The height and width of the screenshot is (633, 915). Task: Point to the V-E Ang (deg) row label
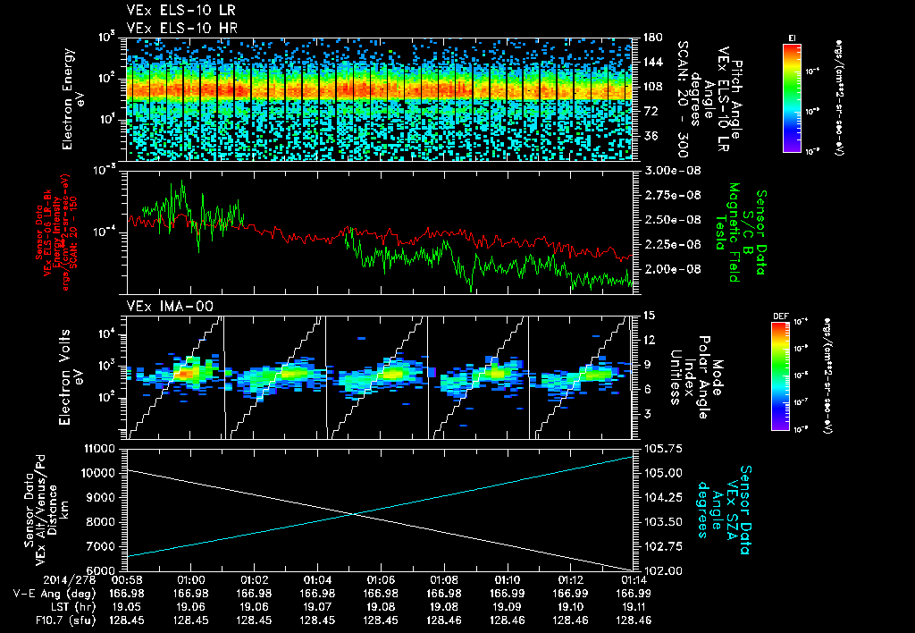(x=52, y=593)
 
